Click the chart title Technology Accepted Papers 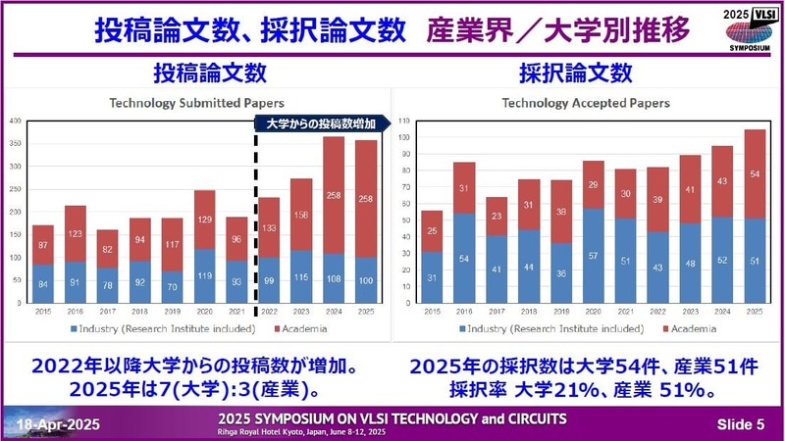tap(587, 101)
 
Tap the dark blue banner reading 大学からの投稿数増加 tap(321, 122)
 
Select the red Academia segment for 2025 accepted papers tap(754, 173)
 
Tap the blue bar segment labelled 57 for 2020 tap(594, 255)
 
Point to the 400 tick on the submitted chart tap(15, 121)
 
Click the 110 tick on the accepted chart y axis tap(405, 121)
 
